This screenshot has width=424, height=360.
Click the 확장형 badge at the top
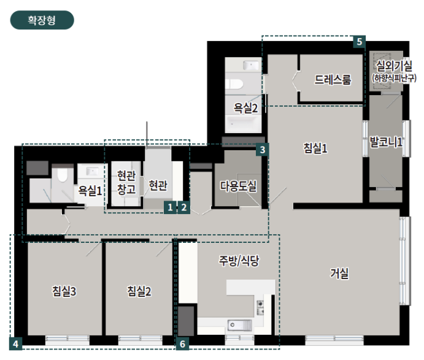click(42, 20)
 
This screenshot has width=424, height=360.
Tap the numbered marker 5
click(360, 42)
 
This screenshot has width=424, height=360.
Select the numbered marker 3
click(262, 150)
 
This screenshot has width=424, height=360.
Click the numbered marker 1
click(170, 207)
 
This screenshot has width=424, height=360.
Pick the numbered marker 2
click(184, 207)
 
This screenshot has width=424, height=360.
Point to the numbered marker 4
click(16, 344)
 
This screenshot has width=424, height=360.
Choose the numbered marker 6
click(182, 344)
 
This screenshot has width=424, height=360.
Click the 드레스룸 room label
click(333, 80)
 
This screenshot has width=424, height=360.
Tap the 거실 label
click(339, 274)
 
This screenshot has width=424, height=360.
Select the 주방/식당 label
click(239, 261)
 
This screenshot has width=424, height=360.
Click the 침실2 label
click(139, 291)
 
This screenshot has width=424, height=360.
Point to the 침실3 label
click(64, 291)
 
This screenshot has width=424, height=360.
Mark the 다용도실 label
click(238, 186)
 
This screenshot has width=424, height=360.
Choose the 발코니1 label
click(386, 142)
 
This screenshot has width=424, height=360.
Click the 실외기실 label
click(394, 66)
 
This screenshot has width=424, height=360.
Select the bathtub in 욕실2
click(243, 123)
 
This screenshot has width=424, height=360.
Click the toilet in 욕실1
click(63, 175)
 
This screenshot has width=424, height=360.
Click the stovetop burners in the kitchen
click(260, 308)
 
